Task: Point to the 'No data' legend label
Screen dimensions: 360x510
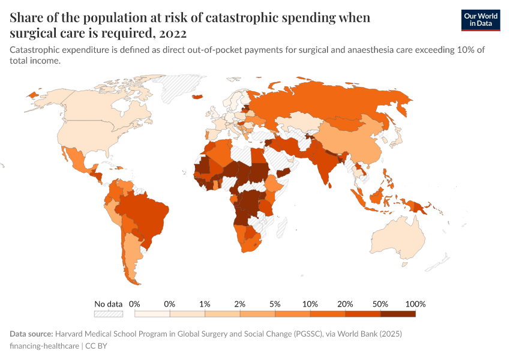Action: pyautogui.click(x=108, y=304)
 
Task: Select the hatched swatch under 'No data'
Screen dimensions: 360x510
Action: pyautogui.click(x=108, y=314)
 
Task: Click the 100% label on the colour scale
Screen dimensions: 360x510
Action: pyautogui.click(x=415, y=304)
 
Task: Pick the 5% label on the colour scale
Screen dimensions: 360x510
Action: pyautogui.click(x=275, y=304)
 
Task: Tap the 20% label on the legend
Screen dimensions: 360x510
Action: pyautogui.click(x=345, y=304)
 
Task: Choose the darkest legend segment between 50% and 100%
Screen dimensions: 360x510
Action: pyautogui.click(x=398, y=314)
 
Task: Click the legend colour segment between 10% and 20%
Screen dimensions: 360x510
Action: pyautogui.click(x=328, y=314)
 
